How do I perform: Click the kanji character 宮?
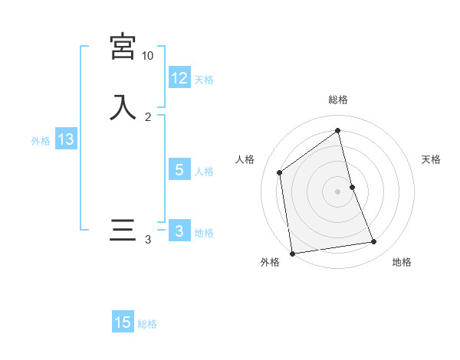point(123,47)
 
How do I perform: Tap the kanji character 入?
point(123,107)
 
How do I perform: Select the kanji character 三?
point(123,231)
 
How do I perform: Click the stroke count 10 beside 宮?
point(147,56)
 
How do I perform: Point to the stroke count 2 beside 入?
point(147,117)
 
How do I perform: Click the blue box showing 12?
point(179,78)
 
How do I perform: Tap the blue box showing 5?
point(179,170)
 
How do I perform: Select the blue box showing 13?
point(65,139)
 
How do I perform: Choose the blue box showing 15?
point(123,322)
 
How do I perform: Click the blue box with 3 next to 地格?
point(179,231)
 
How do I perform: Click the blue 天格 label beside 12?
point(204,80)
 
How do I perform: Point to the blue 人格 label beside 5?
point(204,172)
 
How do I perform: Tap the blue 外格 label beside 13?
point(41,141)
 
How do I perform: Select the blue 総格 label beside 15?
point(147,324)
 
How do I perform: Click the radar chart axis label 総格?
point(338,100)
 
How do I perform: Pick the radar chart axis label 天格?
point(431,159)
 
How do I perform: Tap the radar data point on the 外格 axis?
point(292,253)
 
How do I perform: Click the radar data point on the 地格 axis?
point(374,242)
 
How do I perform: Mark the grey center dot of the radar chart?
point(338,191)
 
